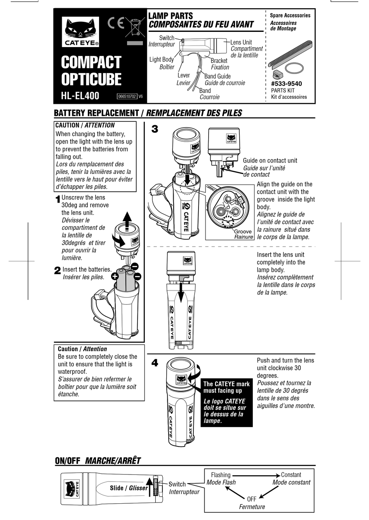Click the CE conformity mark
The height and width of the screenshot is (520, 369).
pos(116,24)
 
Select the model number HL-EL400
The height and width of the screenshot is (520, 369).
pos(80,96)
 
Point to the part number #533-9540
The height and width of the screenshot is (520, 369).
pos(286,84)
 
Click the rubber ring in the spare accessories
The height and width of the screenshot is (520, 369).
pos(294,68)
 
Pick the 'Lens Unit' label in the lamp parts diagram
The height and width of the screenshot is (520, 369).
pos(241,42)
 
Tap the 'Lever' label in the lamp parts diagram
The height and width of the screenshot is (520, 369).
pos(184,75)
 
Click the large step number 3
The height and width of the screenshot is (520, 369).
pos(155,129)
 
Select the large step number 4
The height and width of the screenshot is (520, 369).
pos(155,363)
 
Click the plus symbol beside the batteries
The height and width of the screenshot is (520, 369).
pos(115,277)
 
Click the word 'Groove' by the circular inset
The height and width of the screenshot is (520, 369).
pos(243,231)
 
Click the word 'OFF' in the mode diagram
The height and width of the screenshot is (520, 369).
pos(252,499)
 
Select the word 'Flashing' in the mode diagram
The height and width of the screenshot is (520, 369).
pos(221,475)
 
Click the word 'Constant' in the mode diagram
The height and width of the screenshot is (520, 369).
pos(291,475)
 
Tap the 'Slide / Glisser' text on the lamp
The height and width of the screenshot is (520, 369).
pos(129,488)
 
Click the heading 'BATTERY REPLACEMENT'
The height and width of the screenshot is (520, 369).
pos(96,113)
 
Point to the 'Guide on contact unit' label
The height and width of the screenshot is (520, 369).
pos(270,161)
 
